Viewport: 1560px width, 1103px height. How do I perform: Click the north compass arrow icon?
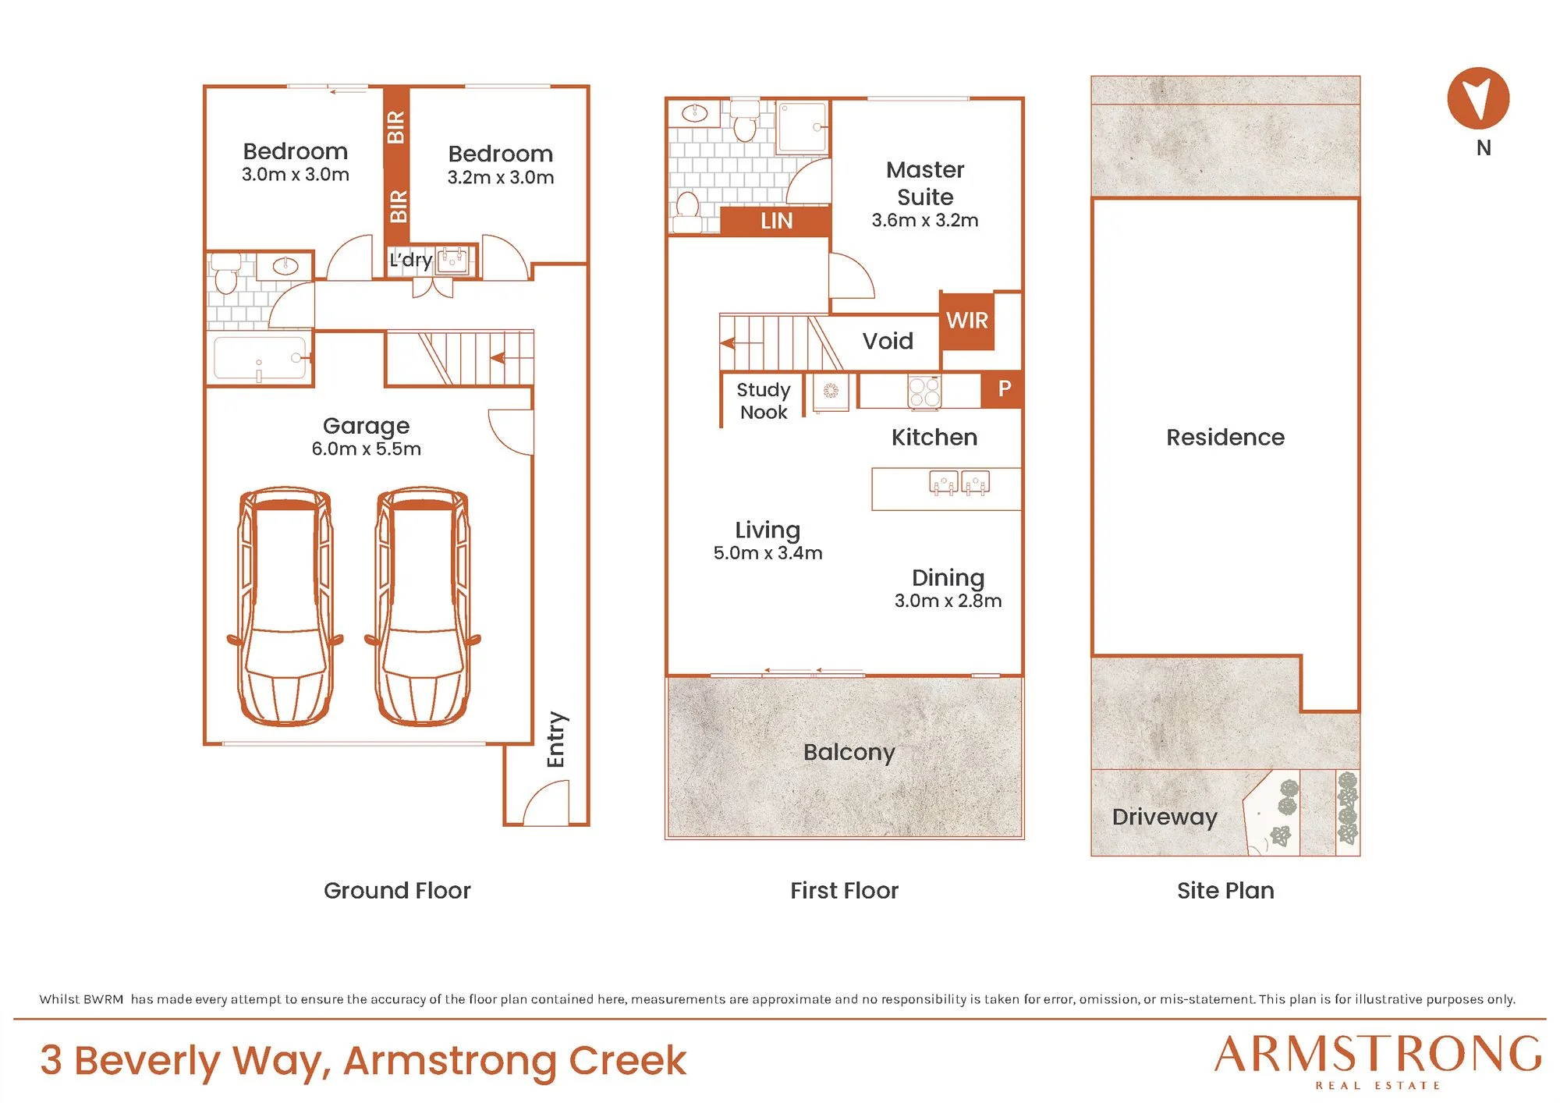point(1478,98)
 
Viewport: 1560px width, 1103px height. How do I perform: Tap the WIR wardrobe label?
point(967,320)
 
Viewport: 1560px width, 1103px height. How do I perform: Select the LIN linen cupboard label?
point(777,221)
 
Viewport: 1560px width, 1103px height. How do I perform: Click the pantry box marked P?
point(1004,388)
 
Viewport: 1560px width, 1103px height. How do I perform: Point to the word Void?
point(888,341)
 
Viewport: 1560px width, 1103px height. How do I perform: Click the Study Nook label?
point(764,401)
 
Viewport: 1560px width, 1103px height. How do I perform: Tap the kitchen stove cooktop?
point(924,391)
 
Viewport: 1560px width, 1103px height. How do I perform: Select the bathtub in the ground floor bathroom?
point(260,358)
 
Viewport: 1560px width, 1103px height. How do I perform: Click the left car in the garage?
point(285,606)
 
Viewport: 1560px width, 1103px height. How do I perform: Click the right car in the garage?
point(423,606)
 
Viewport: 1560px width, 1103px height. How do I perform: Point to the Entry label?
point(556,739)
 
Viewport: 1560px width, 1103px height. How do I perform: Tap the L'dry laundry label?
point(410,260)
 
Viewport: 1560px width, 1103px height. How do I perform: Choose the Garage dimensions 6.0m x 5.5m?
point(367,449)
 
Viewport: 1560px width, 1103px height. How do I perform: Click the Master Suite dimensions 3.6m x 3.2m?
point(925,220)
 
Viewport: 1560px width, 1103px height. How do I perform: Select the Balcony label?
point(849,752)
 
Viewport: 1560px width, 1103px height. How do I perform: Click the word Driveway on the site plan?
point(1165,817)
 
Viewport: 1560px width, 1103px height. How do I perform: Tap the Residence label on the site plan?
point(1225,437)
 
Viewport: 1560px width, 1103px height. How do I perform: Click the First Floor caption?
point(844,890)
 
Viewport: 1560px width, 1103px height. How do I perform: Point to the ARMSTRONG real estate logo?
point(1378,1060)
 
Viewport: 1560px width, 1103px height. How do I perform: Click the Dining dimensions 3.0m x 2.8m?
point(948,601)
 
